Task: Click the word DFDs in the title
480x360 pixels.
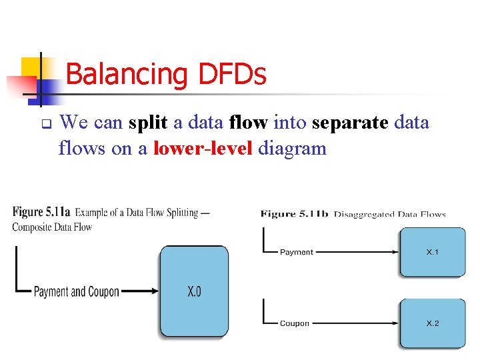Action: (232, 75)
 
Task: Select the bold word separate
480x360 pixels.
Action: (351, 123)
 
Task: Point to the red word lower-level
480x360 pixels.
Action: (203, 148)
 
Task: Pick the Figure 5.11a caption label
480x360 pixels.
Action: (41, 213)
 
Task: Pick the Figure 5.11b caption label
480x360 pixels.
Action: (295, 214)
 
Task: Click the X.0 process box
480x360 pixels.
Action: (193, 291)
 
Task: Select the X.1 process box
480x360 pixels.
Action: (433, 252)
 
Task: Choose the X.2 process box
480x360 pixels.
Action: (433, 323)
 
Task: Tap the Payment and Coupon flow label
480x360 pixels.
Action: (77, 291)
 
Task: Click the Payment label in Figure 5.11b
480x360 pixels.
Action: (296, 252)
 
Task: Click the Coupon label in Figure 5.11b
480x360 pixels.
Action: (294, 323)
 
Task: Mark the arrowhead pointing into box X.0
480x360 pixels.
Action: (154, 291)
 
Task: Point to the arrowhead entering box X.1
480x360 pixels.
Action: (395, 252)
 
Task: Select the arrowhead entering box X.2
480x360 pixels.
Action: (395, 323)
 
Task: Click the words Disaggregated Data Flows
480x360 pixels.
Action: (390, 214)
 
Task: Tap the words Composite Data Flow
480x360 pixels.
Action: (52, 227)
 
